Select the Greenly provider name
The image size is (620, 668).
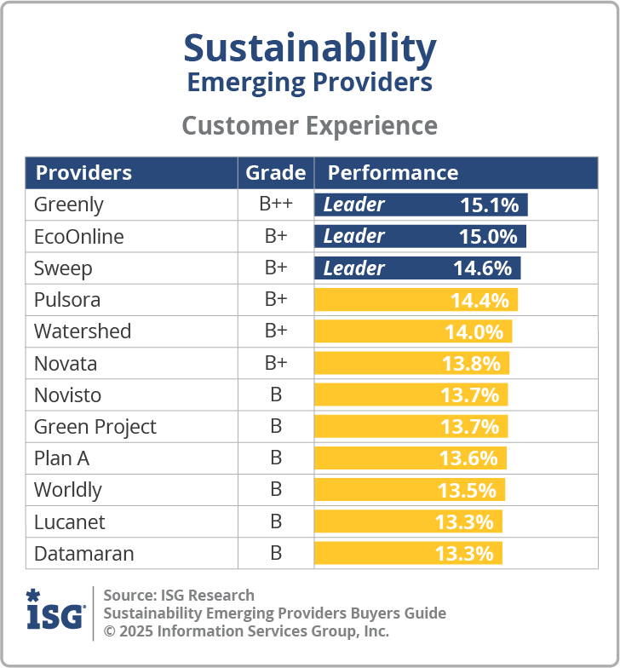[68, 204]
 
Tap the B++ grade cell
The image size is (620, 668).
[275, 204]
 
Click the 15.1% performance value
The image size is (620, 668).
[489, 204]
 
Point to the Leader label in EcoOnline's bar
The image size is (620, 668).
[353, 236]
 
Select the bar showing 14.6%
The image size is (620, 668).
[417, 268]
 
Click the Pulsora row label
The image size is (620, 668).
[67, 300]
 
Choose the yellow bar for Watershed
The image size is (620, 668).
[413, 331]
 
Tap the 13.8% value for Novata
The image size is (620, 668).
[470, 364]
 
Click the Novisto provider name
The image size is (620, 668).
[67, 395]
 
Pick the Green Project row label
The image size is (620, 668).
[95, 427]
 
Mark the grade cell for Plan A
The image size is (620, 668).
[275, 458]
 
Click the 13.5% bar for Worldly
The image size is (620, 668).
[410, 490]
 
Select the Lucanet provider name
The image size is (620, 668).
[70, 521]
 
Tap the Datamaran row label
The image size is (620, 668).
[83, 554]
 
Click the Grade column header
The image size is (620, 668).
[275, 173]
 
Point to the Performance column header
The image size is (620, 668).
[393, 173]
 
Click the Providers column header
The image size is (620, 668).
[83, 173]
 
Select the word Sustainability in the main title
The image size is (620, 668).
[310, 49]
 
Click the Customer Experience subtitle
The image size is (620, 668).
[310, 125]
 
